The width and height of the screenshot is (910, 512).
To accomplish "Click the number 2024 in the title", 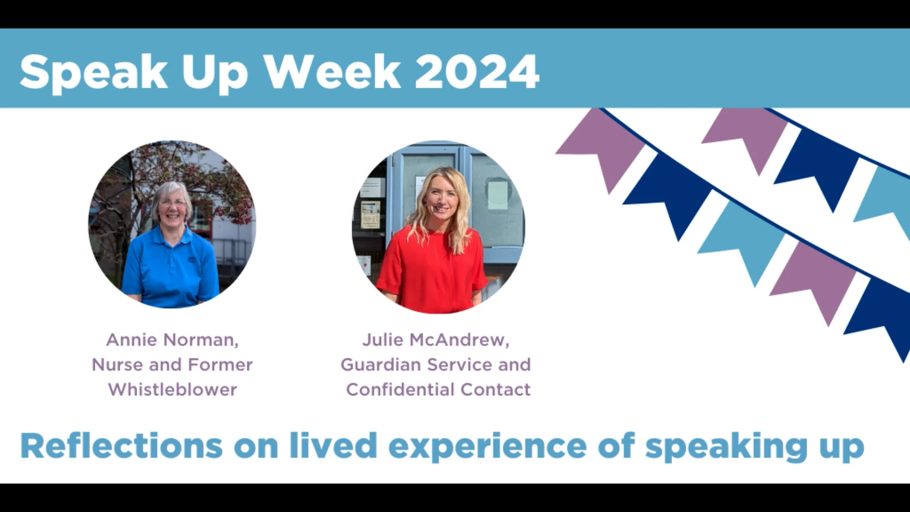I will (477, 72).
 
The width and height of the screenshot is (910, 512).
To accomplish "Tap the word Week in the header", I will (332, 72).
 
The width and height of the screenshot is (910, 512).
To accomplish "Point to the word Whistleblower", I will (173, 390).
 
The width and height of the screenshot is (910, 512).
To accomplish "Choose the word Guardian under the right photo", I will (381, 365).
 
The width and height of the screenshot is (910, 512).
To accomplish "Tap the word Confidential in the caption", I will (400, 390).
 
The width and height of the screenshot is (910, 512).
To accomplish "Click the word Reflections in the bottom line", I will (121, 446).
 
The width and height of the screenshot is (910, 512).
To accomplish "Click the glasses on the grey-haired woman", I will (173, 203).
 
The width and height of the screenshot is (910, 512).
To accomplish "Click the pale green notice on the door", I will (498, 195).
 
